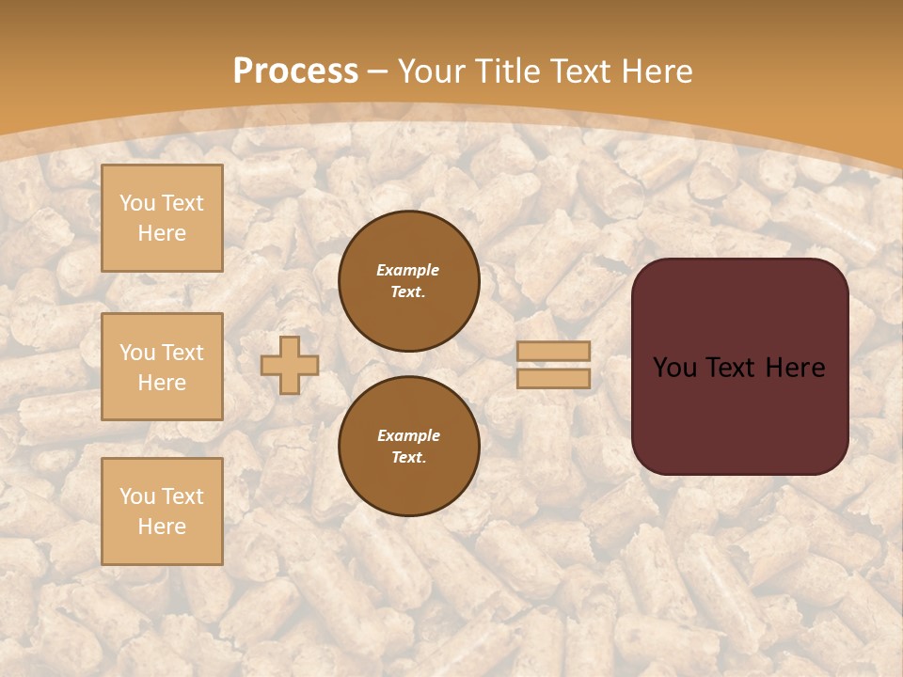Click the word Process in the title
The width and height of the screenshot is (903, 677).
click(295, 71)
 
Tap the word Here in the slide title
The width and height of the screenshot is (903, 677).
click(654, 71)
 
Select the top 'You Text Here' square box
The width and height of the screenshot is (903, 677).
click(162, 218)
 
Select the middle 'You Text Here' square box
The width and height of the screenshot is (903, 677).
click(162, 367)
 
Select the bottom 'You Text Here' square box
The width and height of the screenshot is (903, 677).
click(162, 512)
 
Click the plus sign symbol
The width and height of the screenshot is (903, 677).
click(290, 365)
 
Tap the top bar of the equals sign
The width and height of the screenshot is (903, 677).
click(554, 352)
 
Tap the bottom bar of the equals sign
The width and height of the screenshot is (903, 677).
click(554, 378)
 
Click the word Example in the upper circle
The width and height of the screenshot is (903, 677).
click(408, 270)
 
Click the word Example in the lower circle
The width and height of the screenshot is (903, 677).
click(408, 435)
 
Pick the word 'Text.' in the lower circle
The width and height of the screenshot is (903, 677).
click(408, 457)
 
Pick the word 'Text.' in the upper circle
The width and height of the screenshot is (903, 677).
click(408, 291)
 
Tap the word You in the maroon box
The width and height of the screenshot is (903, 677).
click(674, 368)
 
